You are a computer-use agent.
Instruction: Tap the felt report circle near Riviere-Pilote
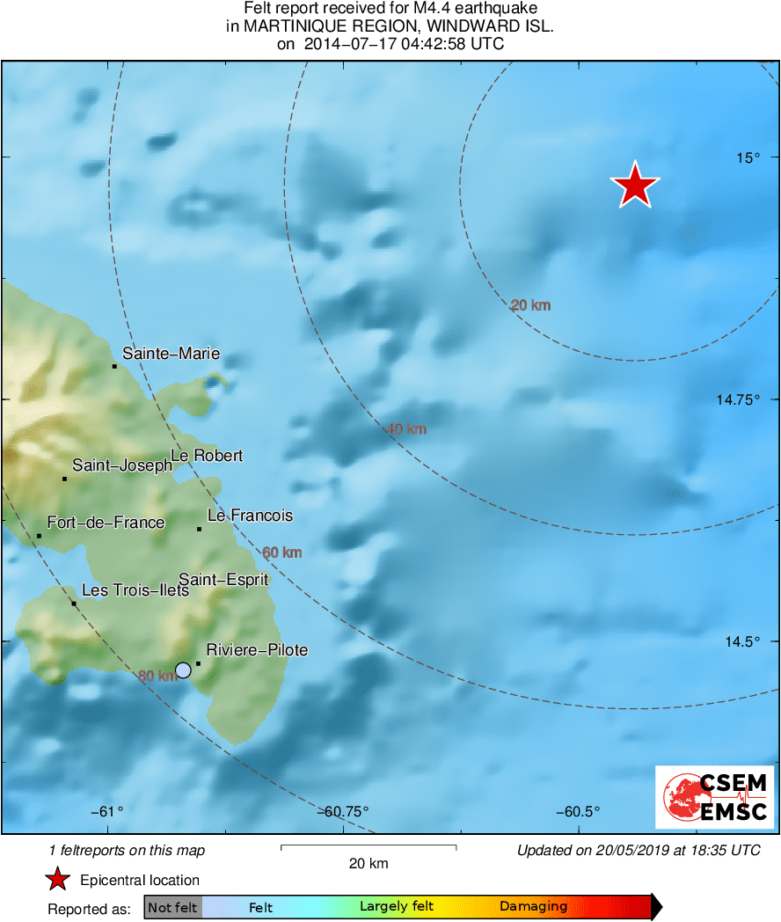click(x=183, y=670)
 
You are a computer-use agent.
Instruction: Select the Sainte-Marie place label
click(x=171, y=354)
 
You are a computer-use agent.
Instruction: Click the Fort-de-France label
click(x=106, y=523)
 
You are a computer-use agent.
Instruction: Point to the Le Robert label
click(x=207, y=456)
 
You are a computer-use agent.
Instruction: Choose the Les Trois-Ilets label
click(x=135, y=590)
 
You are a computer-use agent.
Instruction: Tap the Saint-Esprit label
click(x=223, y=579)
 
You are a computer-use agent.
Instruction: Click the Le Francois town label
click(x=250, y=516)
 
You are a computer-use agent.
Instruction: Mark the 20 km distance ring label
click(x=530, y=305)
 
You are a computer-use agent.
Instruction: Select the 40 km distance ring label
click(x=406, y=429)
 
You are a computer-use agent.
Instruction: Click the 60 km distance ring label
click(x=282, y=552)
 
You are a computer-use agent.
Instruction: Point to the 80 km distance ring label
click(x=157, y=676)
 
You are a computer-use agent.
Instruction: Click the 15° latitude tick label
click(x=748, y=157)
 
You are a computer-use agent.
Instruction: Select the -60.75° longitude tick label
click(x=347, y=811)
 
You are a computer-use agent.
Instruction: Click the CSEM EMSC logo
click(x=714, y=797)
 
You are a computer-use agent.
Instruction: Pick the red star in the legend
click(x=58, y=880)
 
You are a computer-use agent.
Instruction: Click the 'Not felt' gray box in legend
click(x=172, y=907)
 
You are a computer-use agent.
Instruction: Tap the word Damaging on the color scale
click(x=533, y=907)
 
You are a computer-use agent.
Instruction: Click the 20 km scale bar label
click(x=368, y=863)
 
